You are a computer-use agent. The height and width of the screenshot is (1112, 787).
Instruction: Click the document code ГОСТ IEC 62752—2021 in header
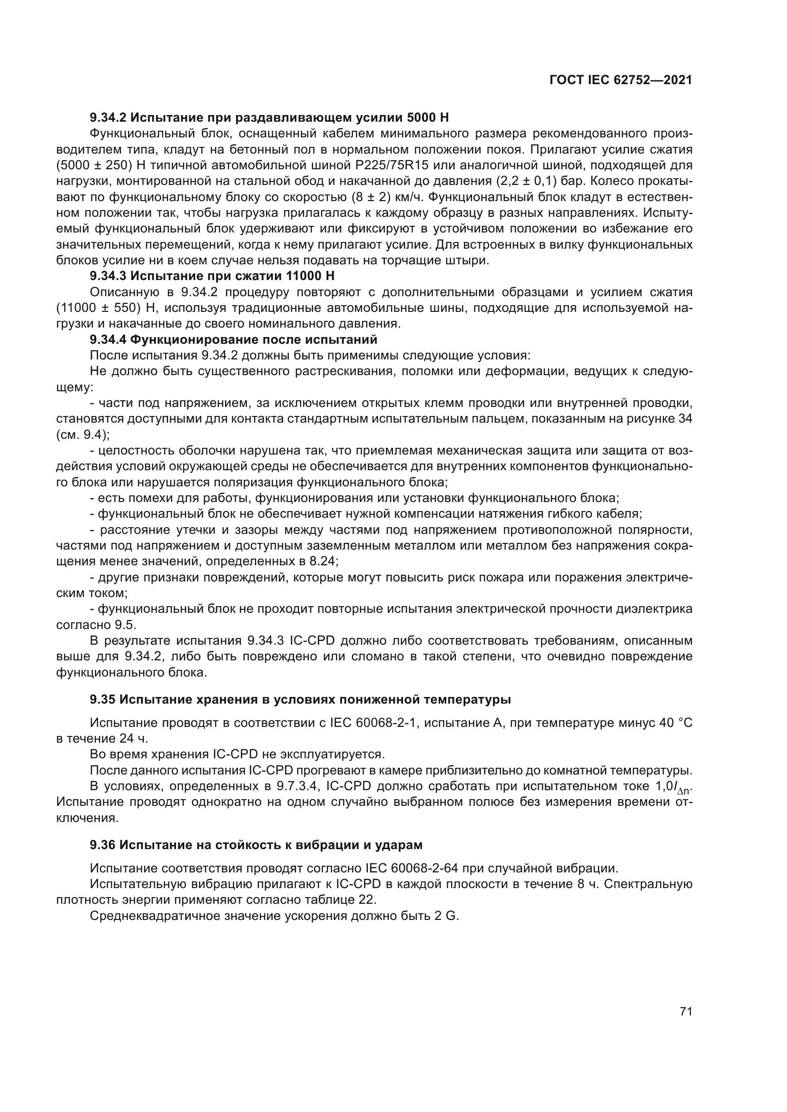coord(621,80)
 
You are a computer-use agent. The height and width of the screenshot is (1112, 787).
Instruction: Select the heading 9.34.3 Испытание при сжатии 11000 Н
coord(212,276)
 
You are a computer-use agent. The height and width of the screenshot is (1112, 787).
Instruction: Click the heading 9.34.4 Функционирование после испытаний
coord(233,339)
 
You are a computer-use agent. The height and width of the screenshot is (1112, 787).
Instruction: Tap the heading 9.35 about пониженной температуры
coord(300,699)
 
